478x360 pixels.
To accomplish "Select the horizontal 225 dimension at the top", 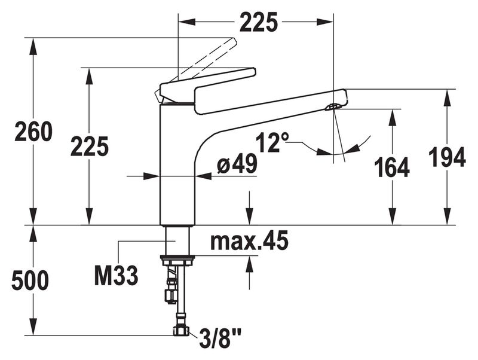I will tap(259, 22).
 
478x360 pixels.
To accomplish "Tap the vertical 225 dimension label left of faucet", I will tap(89, 146).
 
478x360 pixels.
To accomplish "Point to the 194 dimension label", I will tap(447, 157).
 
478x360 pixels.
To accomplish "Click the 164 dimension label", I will tap(392, 168).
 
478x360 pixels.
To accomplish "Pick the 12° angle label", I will tap(272, 144).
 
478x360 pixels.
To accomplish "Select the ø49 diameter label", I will tap(237, 164).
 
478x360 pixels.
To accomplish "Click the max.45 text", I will tap(249, 242).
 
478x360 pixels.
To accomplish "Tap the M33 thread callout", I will tap(117, 276).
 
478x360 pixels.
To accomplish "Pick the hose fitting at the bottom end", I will tap(179, 330).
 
